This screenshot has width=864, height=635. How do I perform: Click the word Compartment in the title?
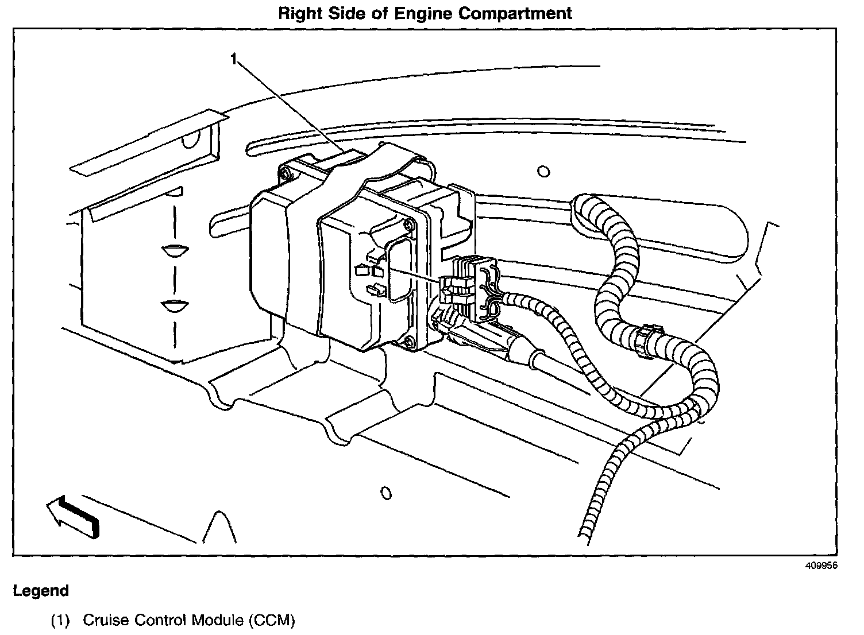tap(515, 14)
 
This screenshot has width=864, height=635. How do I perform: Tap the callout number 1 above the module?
tap(234, 59)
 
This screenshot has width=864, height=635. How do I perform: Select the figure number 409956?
tap(821, 566)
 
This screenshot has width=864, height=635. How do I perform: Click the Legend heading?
tap(41, 591)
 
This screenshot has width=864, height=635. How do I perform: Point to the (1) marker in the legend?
tap(60, 620)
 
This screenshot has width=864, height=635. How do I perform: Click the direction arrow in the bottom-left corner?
tap(74, 517)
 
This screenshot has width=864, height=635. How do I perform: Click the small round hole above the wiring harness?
tap(543, 171)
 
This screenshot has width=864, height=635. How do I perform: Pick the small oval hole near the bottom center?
tap(386, 493)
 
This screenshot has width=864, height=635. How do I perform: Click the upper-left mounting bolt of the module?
tap(286, 175)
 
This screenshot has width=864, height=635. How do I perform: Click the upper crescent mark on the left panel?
tap(175, 251)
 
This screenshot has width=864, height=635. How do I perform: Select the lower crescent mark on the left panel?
tap(175, 306)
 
